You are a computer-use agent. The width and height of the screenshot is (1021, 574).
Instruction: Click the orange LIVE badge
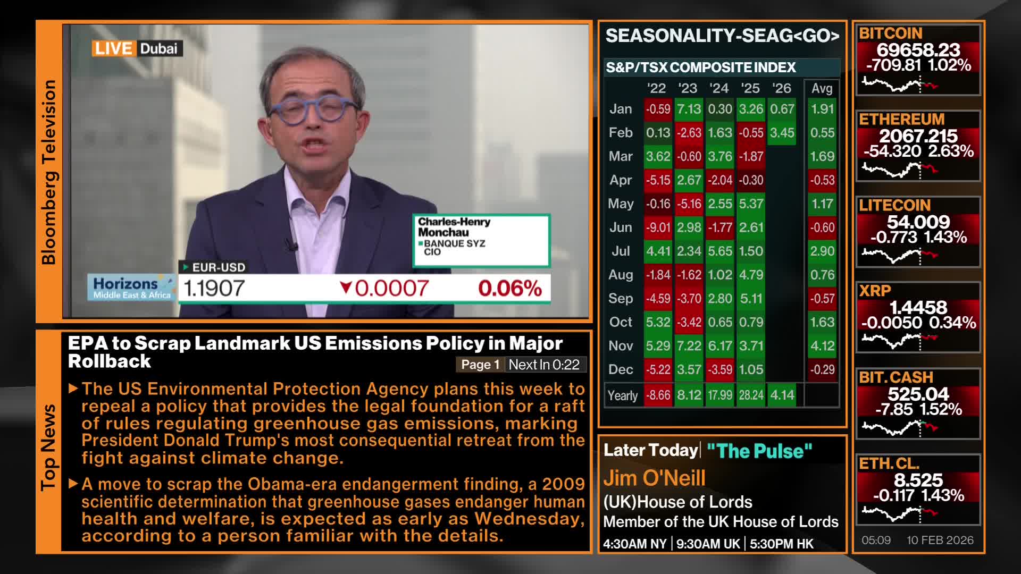tap(114, 49)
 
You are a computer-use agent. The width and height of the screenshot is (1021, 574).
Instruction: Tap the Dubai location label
tap(158, 49)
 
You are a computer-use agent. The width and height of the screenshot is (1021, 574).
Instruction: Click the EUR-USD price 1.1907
tap(214, 289)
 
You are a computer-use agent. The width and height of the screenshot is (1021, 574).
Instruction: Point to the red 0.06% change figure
tap(509, 289)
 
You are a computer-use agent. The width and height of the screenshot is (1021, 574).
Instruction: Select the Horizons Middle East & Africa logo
tap(132, 288)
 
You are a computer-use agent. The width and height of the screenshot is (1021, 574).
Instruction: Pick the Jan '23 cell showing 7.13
tap(689, 109)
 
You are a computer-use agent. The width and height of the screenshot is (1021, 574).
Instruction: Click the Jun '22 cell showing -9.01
tap(658, 227)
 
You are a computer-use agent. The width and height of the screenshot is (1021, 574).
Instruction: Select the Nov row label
tap(621, 346)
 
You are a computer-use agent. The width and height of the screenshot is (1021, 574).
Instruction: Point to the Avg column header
tap(822, 88)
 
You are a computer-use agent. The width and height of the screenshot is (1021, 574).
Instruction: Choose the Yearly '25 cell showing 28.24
tap(751, 395)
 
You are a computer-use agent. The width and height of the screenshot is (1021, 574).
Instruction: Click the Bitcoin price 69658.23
tap(918, 50)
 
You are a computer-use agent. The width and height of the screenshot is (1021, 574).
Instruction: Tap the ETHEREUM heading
tap(902, 119)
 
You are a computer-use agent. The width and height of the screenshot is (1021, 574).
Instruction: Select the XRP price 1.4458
tap(918, 307)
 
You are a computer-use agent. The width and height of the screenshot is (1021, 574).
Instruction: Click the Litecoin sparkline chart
tap(899, 256)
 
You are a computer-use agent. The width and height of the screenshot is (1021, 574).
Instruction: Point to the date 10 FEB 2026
tap(940, 540)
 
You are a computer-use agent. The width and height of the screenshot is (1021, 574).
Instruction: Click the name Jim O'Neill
tap(654, 478)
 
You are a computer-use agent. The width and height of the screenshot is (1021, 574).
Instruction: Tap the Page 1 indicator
tap(480, 365)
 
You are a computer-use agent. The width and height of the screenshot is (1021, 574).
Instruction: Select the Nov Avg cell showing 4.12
tap(822, 346)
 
